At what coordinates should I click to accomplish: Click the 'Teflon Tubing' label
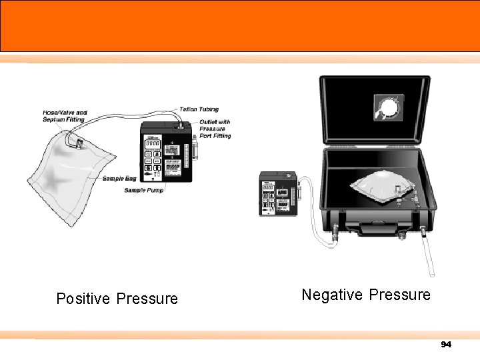199,109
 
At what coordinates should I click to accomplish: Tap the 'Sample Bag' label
119,179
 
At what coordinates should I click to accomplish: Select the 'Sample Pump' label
143,190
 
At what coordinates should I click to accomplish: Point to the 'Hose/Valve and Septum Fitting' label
65,116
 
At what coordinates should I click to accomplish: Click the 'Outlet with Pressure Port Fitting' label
215,129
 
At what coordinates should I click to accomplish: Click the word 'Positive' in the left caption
84,299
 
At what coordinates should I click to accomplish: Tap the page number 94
446,345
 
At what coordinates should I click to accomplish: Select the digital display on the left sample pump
153,144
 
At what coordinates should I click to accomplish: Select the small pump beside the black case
277,193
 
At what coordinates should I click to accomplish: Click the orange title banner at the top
240,25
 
